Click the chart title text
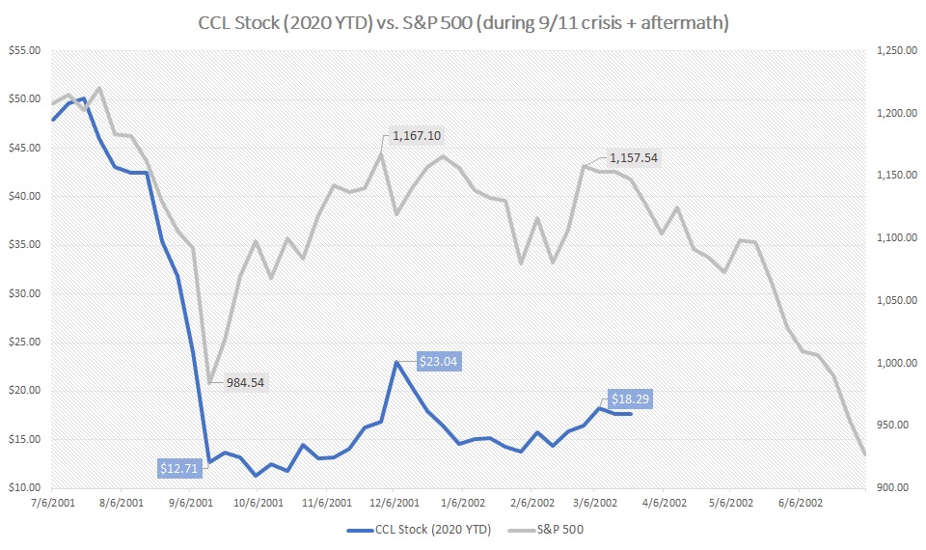pos(463,20)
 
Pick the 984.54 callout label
pos(245,382)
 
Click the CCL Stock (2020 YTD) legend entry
pos(421,529)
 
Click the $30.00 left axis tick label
pos(27,293)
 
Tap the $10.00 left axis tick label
pos(27,487)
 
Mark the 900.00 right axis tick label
pos(892,487)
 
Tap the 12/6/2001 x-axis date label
pos(395,504)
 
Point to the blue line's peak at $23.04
pos(396,362)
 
